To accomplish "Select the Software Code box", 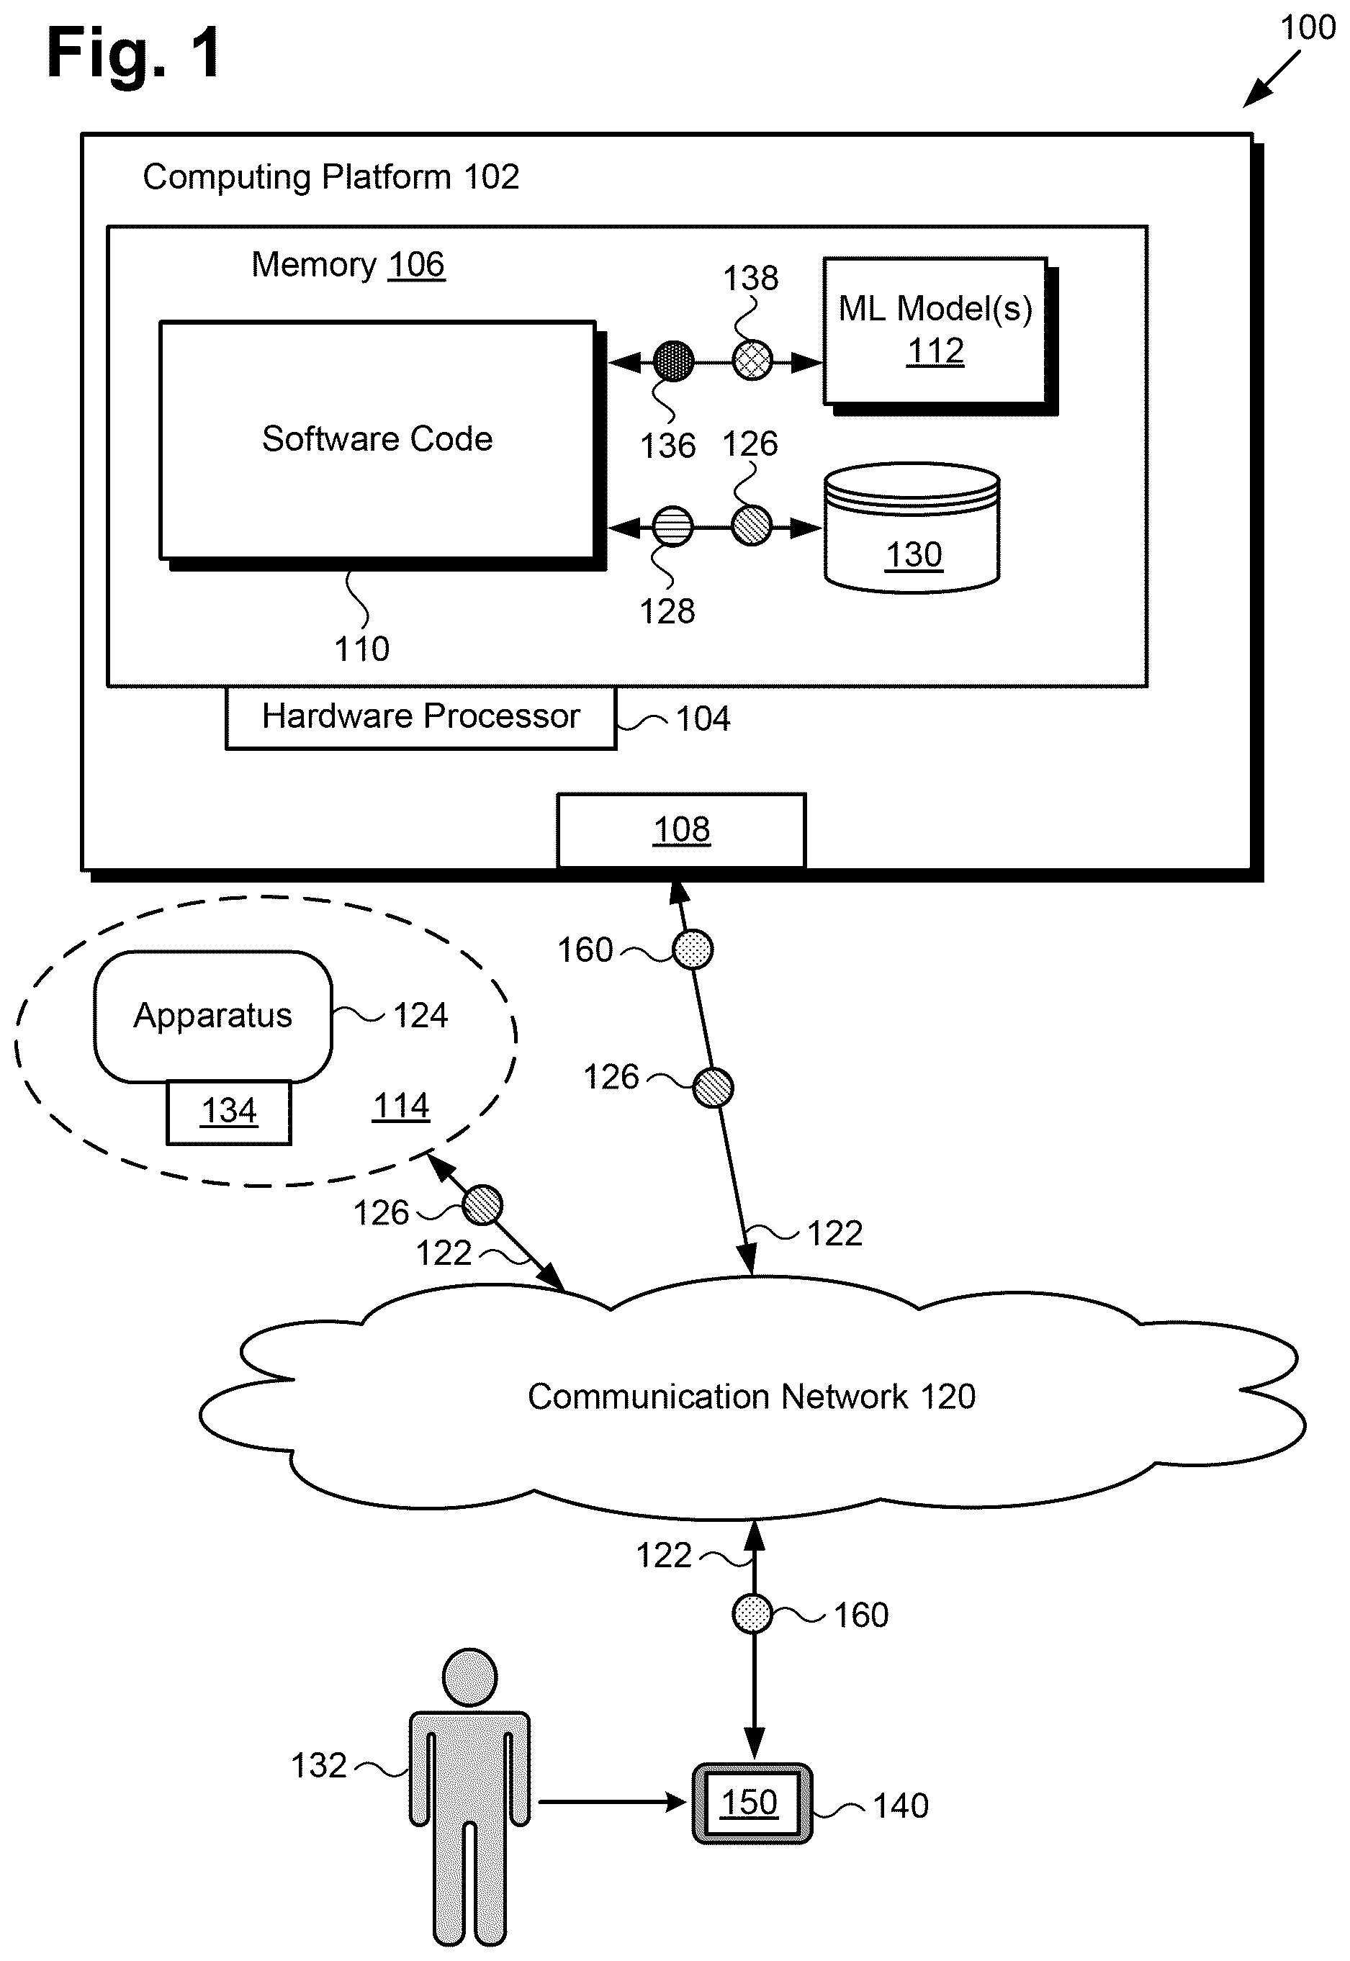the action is pyautogui.click(x=378, y=440).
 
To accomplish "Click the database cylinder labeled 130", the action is pyautogui.click(x=912, y=528).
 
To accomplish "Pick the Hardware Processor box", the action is pyautogui.click(x=420, y=717).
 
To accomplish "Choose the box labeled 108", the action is pyautogui.click(x=681, y=831).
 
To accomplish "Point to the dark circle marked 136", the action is pyautogui.click(x=674, y=362).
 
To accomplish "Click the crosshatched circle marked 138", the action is pyautogui.click(x=752, y=361).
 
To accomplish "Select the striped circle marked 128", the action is pyautogui.click(x=673, y=527).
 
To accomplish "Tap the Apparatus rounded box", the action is pyautogui.click(x=213, y=1016).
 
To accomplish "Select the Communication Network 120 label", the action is pyautogui.click(x=751, y=1396).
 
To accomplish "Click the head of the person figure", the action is pyautogui.click(x=469, y=1677).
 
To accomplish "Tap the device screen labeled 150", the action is pyautogui.click(x=750, y=1803).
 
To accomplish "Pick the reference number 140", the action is pyautogui.click(x=900, y=1806).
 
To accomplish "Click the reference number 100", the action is pyautogui.click(x=1308, y=28).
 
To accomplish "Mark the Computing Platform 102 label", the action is pyautogui.click(x=330, y=178).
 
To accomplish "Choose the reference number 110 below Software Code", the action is pyautogui.click(x=362, y=649).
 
